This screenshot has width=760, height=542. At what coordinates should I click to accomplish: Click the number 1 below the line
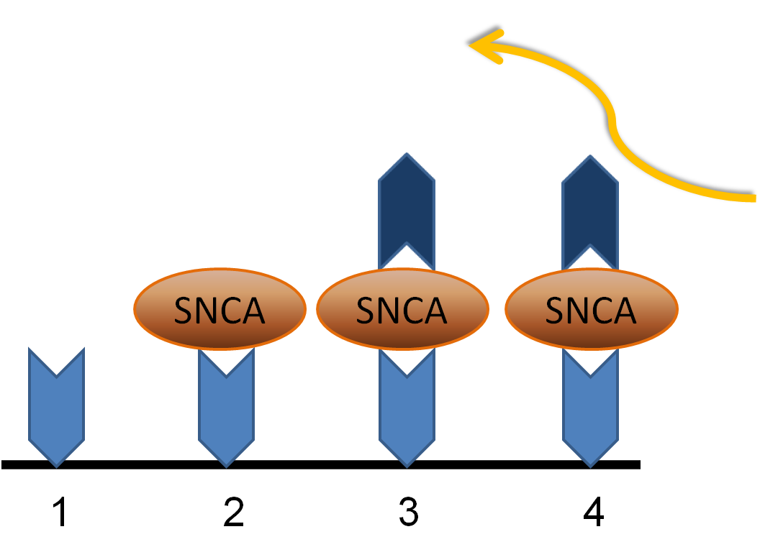click(60, 512)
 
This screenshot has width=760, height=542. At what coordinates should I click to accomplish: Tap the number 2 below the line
click(234, 511)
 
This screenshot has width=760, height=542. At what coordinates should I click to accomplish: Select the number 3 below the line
click(408, 512)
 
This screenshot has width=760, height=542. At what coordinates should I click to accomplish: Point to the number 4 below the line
click(594, 511)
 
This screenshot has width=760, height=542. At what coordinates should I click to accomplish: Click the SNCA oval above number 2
click(220, 309)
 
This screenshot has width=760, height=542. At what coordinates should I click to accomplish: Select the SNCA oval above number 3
click(403, 309)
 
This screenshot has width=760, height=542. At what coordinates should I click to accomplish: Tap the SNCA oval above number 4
click(592, 309)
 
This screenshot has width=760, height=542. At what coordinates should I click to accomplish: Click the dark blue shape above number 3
click(407, 203)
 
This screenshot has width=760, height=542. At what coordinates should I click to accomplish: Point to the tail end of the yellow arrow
click(754, 198)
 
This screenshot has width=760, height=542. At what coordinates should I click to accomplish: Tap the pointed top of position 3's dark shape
click(407, 153)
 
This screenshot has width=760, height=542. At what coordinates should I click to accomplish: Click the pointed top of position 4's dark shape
click(590, 155)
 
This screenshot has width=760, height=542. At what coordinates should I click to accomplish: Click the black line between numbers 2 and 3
click(317, 464)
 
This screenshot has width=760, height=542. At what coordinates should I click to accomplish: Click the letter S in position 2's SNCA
click(184, 311)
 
